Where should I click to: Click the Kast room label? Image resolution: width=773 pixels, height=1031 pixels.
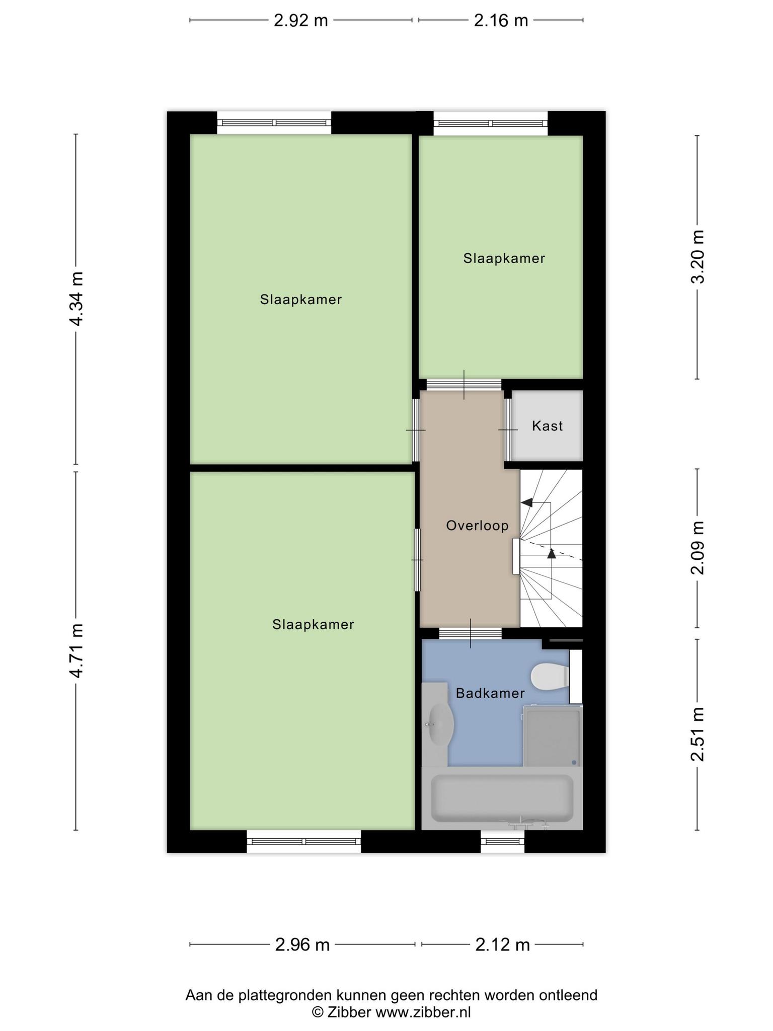tap(547, 426)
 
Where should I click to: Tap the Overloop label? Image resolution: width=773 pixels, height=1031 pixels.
tap(477, 526)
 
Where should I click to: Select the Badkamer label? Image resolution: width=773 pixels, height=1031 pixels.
tap(490, 693)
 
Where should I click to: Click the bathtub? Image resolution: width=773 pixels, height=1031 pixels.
tap(502, 798)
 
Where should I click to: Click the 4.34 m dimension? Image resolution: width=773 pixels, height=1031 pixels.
tap(76, 299)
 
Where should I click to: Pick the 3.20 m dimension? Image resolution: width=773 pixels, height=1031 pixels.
tap(698, 257)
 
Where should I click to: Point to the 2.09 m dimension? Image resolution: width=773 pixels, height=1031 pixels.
tap(698, 548)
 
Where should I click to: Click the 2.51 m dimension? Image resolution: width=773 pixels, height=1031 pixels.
tap(698, 734)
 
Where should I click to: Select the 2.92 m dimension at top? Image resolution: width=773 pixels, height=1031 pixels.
tap(301, 21)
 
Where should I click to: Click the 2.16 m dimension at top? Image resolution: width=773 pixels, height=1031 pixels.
tap(501, 21)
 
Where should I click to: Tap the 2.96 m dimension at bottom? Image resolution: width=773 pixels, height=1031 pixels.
tap(302, 945)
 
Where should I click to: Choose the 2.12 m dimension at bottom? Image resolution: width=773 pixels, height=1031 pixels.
tap(503, 945)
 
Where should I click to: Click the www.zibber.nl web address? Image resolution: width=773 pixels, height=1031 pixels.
tap(423, 1012)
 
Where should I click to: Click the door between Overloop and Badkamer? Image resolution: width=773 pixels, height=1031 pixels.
tap(471, 633)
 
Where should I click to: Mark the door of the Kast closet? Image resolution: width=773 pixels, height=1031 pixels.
tap(508, 429)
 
